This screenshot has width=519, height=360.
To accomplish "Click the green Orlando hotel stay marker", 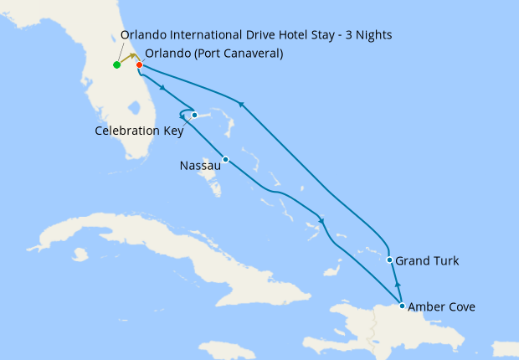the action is pos(116,64).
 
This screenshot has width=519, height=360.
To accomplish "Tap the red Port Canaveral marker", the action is pos(139,64).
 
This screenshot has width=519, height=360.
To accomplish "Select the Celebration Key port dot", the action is pos(194,115).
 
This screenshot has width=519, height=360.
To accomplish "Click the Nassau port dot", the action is pos(225,159).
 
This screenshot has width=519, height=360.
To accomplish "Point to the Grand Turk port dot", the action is pos(390,260).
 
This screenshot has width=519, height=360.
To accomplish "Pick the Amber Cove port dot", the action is pos(403,306).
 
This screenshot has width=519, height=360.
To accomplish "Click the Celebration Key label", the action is pos(139,131).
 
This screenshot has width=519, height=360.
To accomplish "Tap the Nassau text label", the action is pos(201,166).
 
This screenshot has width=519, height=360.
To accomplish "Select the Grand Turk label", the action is pos(427,261).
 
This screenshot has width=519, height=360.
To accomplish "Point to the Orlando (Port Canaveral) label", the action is pos(213,54).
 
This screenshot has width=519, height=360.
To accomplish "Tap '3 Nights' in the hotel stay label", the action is pos(367,34).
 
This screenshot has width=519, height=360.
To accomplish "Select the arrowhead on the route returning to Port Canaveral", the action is pos(242,104).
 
